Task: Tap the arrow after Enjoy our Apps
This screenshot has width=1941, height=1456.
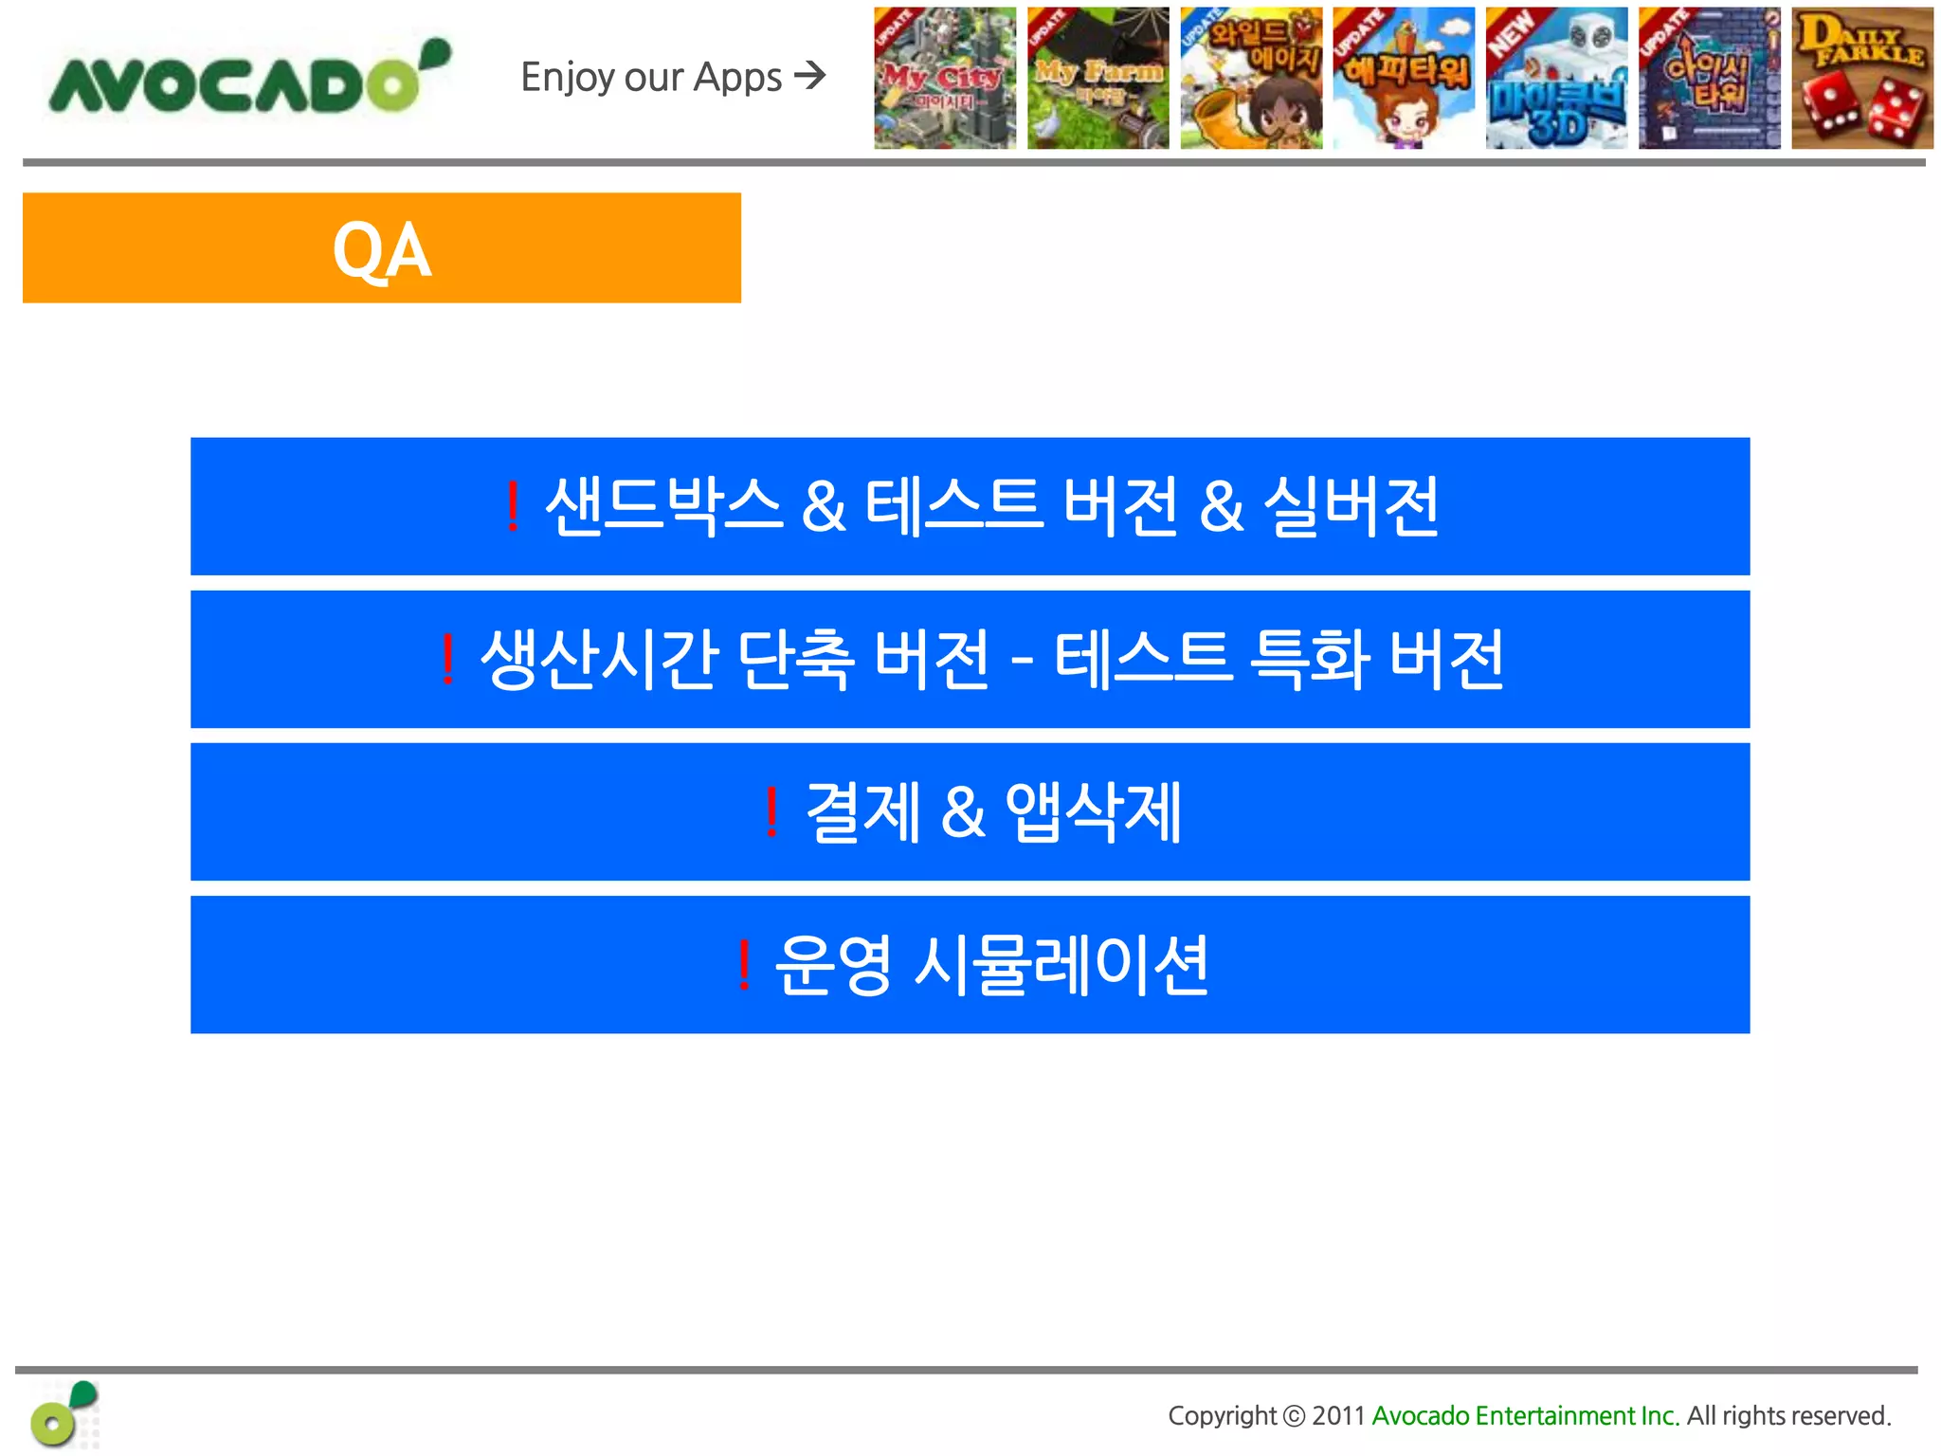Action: pos(810,75)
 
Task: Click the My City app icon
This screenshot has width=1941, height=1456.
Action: pos(944,79)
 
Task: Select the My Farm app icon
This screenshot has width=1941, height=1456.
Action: pos(1097,79)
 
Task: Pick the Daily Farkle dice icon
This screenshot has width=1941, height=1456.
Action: pos(1861,79)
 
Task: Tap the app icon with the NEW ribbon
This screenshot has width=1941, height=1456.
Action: pos(1556,79)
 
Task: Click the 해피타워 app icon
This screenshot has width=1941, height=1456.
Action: pos(1404,79)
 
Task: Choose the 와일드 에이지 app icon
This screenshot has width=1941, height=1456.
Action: pos(1251,79)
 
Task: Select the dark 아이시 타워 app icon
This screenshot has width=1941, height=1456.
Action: pos(1709,79)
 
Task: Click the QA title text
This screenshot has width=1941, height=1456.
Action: pos(382,250)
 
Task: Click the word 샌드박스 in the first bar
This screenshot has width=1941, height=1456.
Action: pos(663,506)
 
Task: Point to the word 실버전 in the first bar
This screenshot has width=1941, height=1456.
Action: pos(1351,506)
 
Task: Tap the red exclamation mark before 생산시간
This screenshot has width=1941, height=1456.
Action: pos(447,660)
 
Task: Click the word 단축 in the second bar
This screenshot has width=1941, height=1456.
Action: pos(794,660)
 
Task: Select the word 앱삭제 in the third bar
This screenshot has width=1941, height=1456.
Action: pos(1093,812)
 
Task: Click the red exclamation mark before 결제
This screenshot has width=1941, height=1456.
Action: pos(771,812)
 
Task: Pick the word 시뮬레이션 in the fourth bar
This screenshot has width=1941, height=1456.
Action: pos(1061,965)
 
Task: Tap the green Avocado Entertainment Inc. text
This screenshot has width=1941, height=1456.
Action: pos(1525,1416)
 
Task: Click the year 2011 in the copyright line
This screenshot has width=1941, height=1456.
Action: pos(1337,1416)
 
